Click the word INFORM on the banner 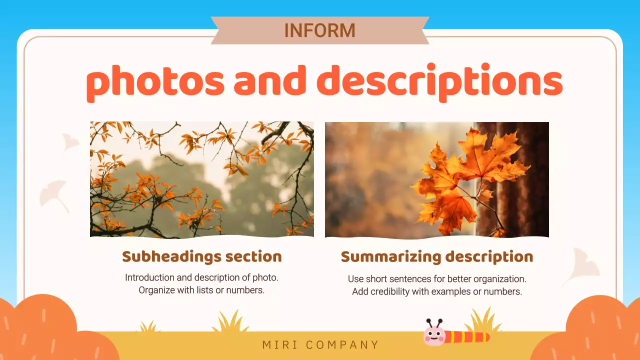point(319,30)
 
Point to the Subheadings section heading point(202,256)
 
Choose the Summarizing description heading point(437,257)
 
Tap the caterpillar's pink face point(434,336)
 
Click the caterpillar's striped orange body point(467,337)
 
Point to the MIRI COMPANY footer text point(320,345)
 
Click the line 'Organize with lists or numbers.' point(201,290)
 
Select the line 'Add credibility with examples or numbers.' point(437,291)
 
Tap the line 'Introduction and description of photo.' point(202,277)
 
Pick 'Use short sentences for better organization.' point(437,278)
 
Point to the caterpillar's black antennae point(433,322)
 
